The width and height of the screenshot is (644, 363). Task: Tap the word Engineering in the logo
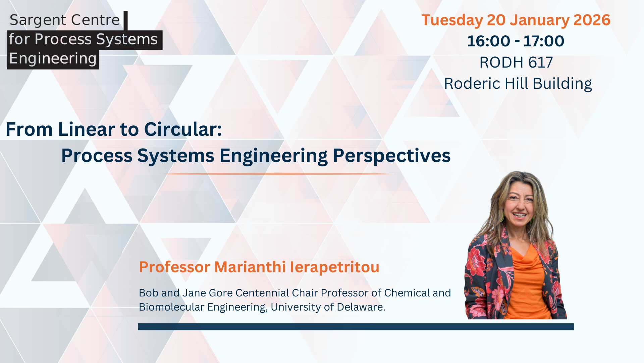[x=53, y=59]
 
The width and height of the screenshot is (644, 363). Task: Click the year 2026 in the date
[x=592, y=20]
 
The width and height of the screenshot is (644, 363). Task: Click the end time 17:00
[x=544, y=41]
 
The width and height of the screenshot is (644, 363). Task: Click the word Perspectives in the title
[x=392, y=156]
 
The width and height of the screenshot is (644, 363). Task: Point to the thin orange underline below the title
[x=278, y=174]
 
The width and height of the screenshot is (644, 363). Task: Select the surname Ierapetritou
[x=334, y=268]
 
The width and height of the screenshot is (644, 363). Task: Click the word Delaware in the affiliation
[x=361, y=307]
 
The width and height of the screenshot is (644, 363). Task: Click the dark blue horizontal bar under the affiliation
[x=356, y=327]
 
